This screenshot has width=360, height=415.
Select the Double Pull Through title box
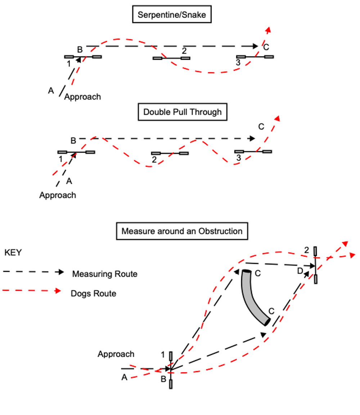pyautogui.click(x=183, y=112)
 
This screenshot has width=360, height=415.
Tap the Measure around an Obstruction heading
pyautogui.click(x=182, y=231)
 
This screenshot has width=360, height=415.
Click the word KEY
pyautogui.click(x=13, y=253)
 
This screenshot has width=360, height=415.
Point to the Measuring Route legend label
pyautogui.click(x=105, y=274)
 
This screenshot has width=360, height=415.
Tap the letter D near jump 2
pyautogui.click(x=300, y=271)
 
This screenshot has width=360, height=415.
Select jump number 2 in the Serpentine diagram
pyautogui.click(x=172, y=58)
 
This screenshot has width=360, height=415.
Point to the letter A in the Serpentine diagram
pyautogui.click(x=51, y=91)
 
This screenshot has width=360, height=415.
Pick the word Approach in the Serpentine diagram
pyautogui.click(x=82, y=97)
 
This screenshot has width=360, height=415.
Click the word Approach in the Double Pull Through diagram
pyautogui.click(x=58, y=195)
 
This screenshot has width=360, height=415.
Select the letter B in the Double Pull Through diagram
pyautogui.click(x=73, y=140)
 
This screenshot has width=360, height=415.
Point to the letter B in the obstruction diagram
pyautogui.click(x=163, y=379)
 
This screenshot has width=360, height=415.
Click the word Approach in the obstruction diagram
pyautogui.click(x=116, y=354)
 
